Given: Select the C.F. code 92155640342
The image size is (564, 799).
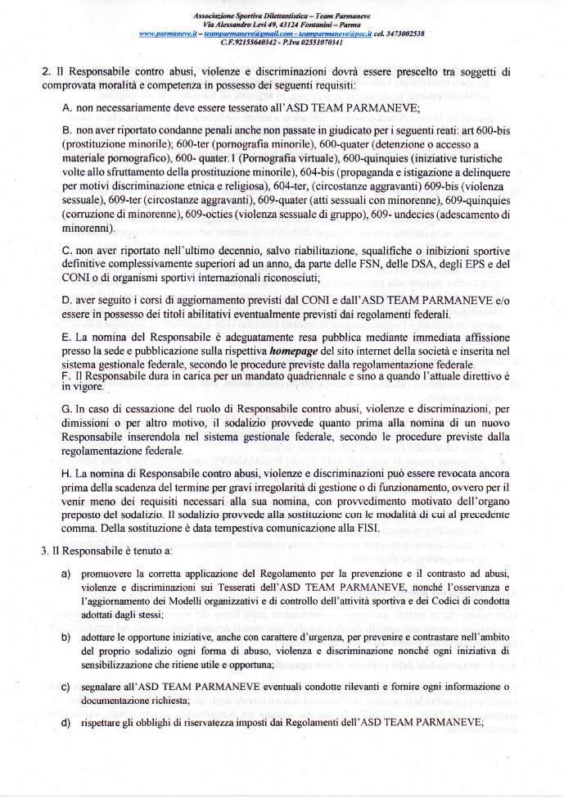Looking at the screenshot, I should [x=257, y=42].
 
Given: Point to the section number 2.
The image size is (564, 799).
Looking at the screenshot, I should [x=44, y=71].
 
